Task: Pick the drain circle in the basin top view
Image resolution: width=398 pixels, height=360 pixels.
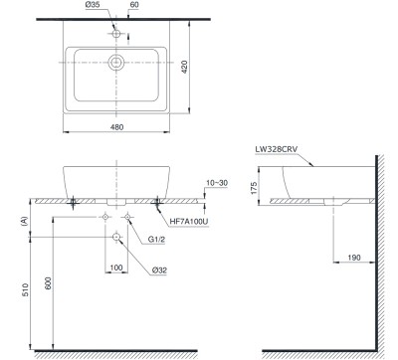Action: [115, 64]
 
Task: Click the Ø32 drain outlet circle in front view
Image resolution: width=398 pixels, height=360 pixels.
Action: [116, 236]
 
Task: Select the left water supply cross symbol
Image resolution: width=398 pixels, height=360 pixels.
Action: [105, 216]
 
